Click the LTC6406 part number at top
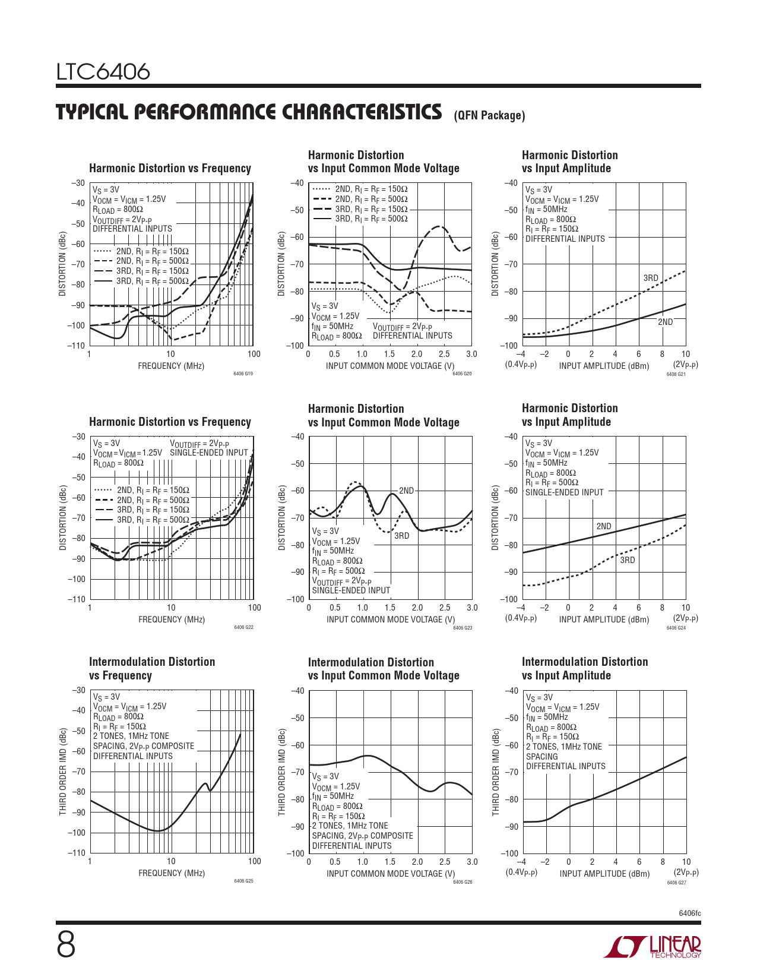coord(103,72)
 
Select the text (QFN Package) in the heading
coord(489,116)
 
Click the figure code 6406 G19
coord(243,374)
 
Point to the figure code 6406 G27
coord(676,883)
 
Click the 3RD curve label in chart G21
coord(651,278)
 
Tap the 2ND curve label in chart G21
coord(665,322)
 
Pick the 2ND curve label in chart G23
coord(406,491)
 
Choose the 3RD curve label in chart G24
coord(627,560)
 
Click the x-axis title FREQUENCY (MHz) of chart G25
coord(172,873)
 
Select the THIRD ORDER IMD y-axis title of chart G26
coord(282,772)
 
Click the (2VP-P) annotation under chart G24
coord(686,618)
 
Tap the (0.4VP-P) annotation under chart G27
coord(521,872)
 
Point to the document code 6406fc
coord(690,913)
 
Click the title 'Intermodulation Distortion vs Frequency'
coord(152,668)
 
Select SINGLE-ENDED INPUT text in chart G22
coord(208,453)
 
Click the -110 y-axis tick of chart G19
coord(77,346)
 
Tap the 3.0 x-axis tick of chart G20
coord(471,354)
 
